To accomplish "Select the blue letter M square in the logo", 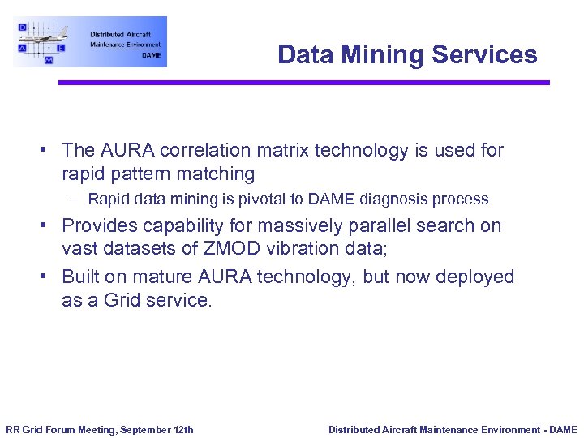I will coord(49,60).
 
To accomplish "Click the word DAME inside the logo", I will coord(151,55).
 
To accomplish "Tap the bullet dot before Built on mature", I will coord(49,277).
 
